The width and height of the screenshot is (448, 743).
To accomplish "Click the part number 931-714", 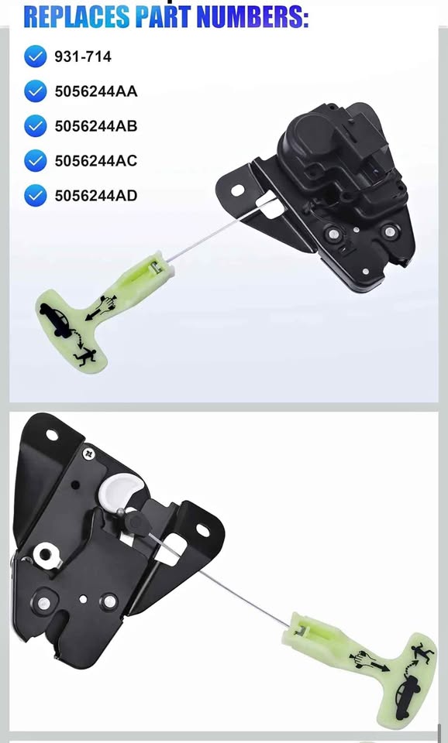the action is [x=83, y=56].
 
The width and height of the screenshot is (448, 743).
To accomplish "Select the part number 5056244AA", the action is [x=96, y=91].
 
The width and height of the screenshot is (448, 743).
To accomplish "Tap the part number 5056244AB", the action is [x=96, y=126].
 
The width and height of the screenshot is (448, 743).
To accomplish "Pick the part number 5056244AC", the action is [x=96, y=161].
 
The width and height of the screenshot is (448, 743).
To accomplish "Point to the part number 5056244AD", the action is [x=96, y=196].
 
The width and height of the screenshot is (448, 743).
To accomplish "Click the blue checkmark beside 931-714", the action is [x=36, y=56].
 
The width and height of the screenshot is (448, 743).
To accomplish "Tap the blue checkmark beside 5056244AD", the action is [x=36, y=196].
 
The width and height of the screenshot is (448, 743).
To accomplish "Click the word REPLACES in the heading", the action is [x=77, y=16].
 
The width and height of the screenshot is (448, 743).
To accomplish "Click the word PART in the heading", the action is [x=163, y=16].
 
